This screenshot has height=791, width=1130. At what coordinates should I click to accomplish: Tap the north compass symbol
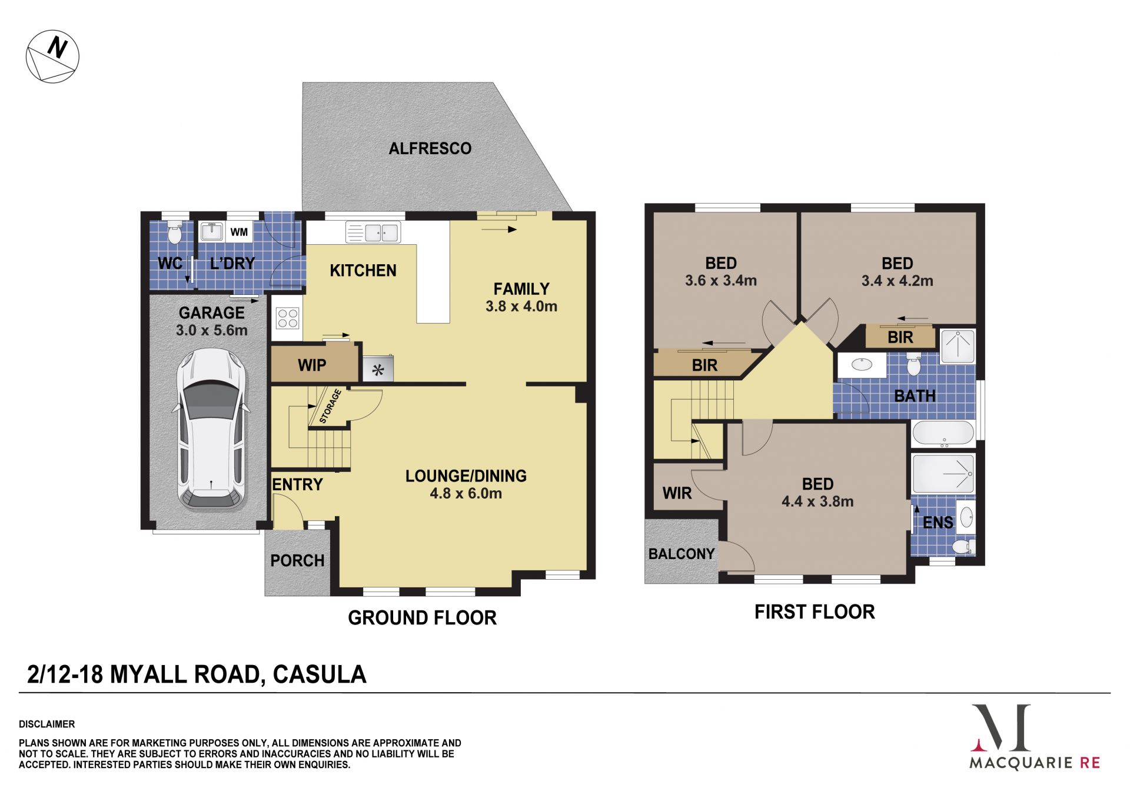52,56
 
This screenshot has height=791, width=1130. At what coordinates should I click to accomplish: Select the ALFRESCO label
430,148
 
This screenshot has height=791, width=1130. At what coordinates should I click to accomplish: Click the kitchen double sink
373,232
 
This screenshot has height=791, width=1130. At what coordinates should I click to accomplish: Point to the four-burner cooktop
287,318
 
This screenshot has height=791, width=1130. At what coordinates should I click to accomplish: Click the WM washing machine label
239,232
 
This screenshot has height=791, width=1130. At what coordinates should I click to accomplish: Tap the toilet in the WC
174,232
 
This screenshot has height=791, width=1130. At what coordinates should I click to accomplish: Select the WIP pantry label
312,365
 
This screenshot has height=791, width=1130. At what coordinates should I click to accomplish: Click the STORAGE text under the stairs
330,406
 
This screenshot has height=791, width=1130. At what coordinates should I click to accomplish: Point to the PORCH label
297,560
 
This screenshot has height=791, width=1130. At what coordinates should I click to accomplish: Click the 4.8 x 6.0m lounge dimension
466,493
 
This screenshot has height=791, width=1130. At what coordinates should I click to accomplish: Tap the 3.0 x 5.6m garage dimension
212,330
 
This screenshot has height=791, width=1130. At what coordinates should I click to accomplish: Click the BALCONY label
682,554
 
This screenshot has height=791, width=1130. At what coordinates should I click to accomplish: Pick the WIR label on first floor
677,493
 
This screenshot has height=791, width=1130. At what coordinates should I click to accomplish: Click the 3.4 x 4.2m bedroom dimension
898,281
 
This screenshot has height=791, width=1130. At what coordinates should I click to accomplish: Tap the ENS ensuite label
938,523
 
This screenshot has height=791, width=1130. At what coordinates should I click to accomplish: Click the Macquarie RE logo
1035,736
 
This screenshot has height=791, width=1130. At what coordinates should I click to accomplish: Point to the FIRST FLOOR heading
815,612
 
